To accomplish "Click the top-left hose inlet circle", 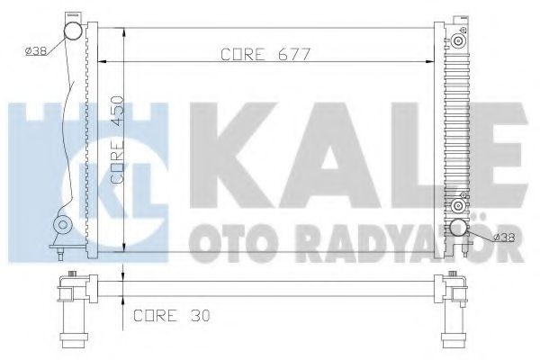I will pyautogui.click(x=71, y=33).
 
